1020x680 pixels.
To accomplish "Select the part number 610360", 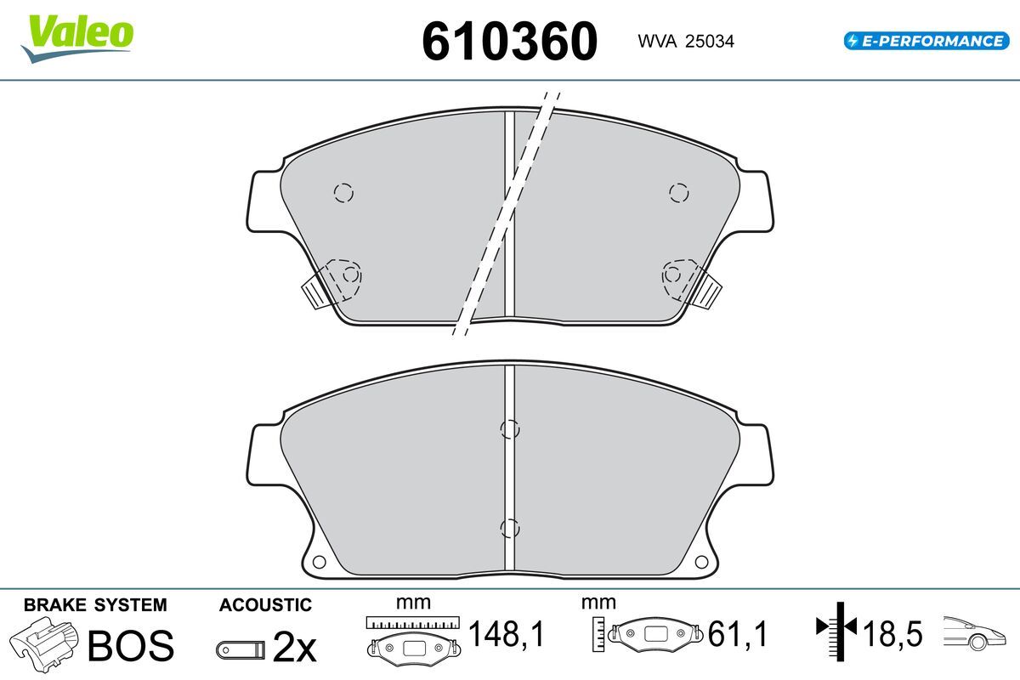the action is [509, 41].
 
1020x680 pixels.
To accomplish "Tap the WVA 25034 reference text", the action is [686, 42].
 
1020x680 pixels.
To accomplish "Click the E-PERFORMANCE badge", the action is [926, 41].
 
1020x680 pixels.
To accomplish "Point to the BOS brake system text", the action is [131, 645].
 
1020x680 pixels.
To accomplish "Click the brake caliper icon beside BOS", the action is [43, 644].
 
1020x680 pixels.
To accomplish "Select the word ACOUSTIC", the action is [265, 605].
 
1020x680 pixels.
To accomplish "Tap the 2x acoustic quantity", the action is [294, 646].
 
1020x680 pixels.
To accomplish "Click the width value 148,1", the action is [507, 633].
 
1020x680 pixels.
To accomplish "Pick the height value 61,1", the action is [738, 633].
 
